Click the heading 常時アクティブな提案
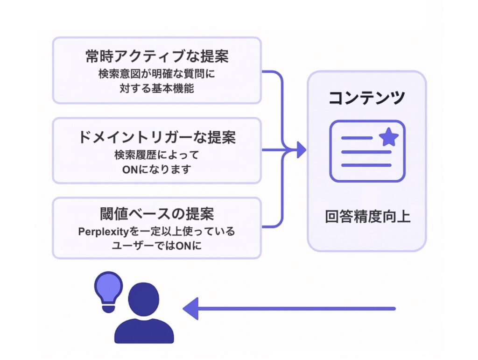click(x=156, y=57)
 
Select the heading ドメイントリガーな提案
click(x=156, y=137)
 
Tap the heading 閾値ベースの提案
click(x=156, y=214)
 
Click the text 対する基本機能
click(x=156, y=88)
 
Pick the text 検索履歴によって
click(x=156, y=154)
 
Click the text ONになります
click(x=156, y=169)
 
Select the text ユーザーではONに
click(x=156, y=246)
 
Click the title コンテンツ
click(x=366, y=98)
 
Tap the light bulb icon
click(x=108, y=291)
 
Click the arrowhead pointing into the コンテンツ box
click(x=300, y=150)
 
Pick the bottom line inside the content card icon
click(x=366, y=165)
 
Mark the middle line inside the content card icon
click(x=366, y=152)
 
